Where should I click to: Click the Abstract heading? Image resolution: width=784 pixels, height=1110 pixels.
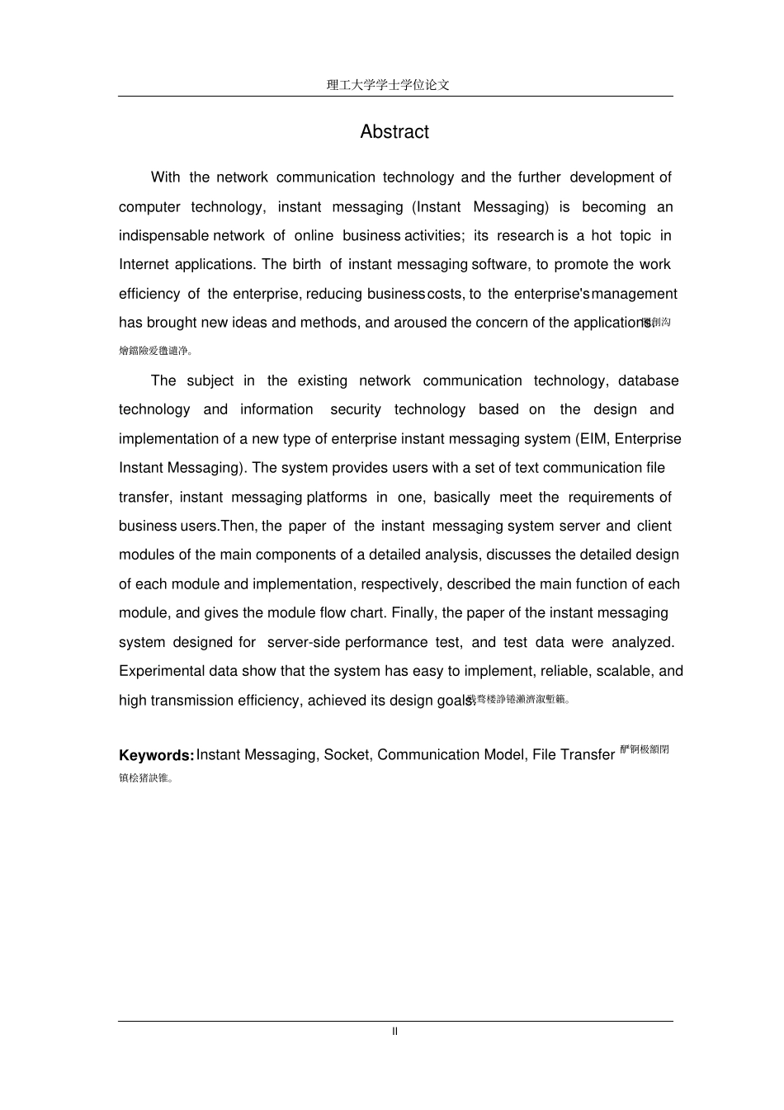394,132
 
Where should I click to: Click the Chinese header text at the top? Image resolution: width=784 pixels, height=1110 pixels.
388,85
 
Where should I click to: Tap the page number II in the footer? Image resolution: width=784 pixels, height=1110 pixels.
394,1032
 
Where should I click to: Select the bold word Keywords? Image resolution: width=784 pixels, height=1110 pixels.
157,755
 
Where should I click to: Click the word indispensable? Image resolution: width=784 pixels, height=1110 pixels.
163,236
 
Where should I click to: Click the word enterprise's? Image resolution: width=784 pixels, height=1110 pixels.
551,295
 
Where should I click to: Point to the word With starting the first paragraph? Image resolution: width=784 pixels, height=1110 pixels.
165,177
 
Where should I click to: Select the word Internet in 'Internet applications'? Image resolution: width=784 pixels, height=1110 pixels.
144,265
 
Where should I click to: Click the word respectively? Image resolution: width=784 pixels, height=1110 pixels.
403,584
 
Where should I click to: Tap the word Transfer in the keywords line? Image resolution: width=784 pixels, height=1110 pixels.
587,755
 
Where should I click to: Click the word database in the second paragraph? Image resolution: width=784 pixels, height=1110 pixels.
648,381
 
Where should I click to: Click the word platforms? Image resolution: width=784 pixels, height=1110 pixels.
337,498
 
